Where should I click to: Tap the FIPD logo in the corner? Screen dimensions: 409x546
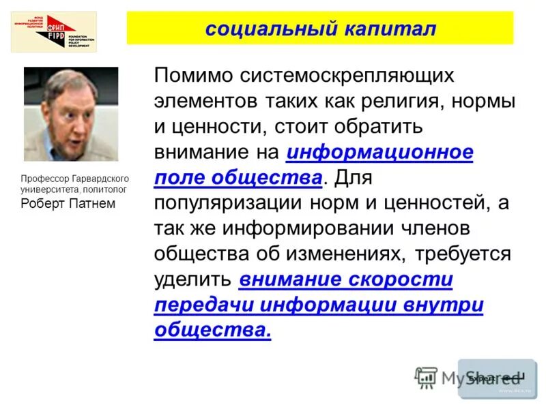pyautogui.click(x=53, y=32)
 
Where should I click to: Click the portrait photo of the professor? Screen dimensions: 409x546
pyautogui.click(x=71, y=114)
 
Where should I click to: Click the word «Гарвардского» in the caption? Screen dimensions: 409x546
pyautogui.click(x=96, y=179)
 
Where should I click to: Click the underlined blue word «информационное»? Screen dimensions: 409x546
pyautogui.click(x=380, y=152)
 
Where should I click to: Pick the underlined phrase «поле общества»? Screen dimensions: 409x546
pyautogui.click(x=238, y=178)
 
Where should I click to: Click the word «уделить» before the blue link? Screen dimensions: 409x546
pyautogui.click(x=193, y=279)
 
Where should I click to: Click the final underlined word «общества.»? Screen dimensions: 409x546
pyautogui.click(x=213, y=330)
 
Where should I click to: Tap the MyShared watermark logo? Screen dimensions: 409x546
pyautogui.click(x=471, y=377)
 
